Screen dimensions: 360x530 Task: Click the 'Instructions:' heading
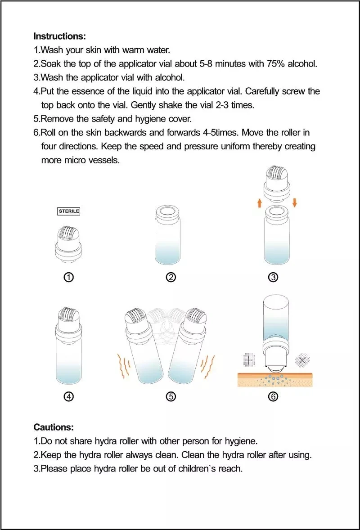click(x=59, y=36)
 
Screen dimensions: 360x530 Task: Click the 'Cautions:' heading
click(x=54, y=427)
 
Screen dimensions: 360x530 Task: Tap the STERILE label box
click(x=69, y=211)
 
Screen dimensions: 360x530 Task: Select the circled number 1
click(x=68, y=278)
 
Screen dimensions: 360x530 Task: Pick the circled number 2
click(x=171, y=278)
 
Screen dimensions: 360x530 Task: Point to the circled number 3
click(x=273, y=278)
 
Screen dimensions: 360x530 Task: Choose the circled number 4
click(x=68, y=396)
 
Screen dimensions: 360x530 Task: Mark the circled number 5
click(x=171, y=396)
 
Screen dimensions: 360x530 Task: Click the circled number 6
click(x=273, y=396)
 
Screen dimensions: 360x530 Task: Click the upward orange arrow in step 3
click(x=260, y=203)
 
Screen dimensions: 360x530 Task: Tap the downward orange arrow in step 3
click(x=295, y=203)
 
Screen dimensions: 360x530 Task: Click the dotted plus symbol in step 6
click(x=249, y=360)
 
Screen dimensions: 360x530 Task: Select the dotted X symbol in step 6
click(x=302, y=360)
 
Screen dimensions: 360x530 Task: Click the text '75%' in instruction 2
click(x=276, y=64)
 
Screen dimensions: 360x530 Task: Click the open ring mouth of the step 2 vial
click(x=167, y=212)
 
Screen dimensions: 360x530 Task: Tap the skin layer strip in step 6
click(x=275, y=380)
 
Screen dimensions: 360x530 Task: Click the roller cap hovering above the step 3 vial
click(x=277, y=184)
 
